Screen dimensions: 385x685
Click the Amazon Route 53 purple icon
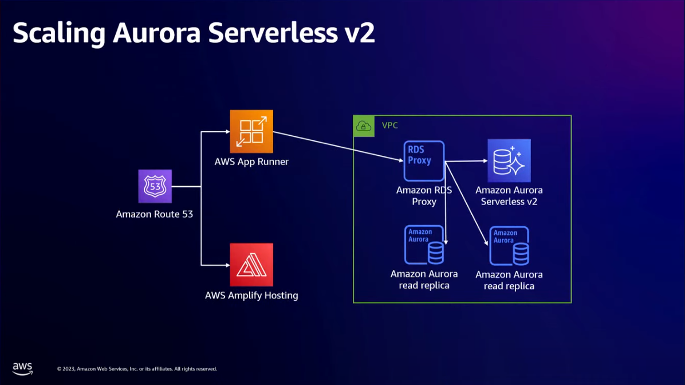(x=155, y=186)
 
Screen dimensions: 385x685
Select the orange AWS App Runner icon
(x=251, y=132)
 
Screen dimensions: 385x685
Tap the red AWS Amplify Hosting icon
(x=251, y=265)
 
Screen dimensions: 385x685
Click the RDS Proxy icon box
(x=424, y=161)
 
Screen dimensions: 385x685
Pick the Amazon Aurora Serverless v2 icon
(x=509, y=160)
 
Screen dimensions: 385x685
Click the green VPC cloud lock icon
(x=364, y=126)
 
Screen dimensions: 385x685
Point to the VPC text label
(x=389, y=125)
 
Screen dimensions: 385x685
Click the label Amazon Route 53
(x=155, y=214)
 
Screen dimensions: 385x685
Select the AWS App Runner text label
(x=251, y=162)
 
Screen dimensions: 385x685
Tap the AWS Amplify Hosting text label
(x=251, y=296)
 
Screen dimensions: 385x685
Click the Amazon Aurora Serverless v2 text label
(x=509, y=195)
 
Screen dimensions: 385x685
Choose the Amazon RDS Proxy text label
(x=424, y=195)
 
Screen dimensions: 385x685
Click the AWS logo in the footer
(x=22, y=368)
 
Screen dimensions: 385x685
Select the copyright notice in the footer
(x=137, y=369)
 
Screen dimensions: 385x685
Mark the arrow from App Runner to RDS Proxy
(x=338, y=147)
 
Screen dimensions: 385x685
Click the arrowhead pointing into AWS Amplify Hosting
(x=227, y=265)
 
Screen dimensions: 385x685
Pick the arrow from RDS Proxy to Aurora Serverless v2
(x=467, y=161)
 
